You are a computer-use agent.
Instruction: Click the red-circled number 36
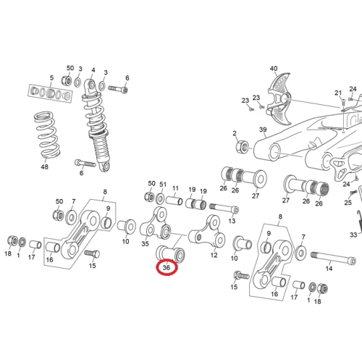[167, 267]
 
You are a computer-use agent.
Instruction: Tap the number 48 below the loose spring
[44, 167]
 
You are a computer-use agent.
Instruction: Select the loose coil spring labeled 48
[47, 135]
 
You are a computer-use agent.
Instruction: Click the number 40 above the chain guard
[274, 69]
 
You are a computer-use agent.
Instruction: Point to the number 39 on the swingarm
[263, 130]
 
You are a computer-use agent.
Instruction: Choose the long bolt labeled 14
[333, 258]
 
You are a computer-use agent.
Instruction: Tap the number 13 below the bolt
[232, 221]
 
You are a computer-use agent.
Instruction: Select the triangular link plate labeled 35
[156, 224]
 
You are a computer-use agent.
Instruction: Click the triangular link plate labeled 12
[207, 231]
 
